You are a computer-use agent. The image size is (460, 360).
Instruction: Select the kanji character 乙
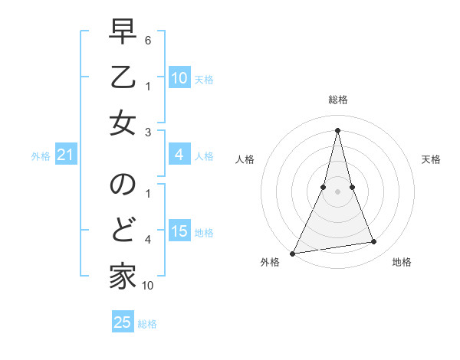coord(123,77)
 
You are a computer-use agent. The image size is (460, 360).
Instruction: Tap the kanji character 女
coord(123,123)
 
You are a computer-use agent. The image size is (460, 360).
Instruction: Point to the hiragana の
coord(123,186)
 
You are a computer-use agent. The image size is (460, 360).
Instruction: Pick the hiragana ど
coord(123,230)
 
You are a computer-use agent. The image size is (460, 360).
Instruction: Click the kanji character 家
coord(123,275)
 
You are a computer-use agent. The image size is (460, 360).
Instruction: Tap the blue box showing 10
coord(179,78)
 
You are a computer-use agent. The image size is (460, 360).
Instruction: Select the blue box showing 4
coord(179,155)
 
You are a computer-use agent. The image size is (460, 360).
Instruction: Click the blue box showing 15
coord(179,231)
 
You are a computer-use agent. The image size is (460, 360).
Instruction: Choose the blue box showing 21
coord(66,155)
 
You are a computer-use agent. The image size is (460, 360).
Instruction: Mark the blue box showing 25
coord(123,322)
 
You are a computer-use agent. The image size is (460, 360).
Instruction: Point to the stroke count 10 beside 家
coord(148,286)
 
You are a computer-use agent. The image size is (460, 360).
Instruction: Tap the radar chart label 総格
coord(338,100)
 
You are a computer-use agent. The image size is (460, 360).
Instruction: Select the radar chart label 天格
coord(432,159)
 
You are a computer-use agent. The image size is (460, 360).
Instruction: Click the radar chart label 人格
coord(245,159)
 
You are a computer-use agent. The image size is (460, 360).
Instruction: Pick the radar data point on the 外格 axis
coord(292,253)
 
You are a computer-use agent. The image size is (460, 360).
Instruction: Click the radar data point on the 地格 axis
coord(374,242)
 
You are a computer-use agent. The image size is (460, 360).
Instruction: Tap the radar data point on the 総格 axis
coord(338,129)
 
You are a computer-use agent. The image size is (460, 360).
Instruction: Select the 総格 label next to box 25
coord(147,323)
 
